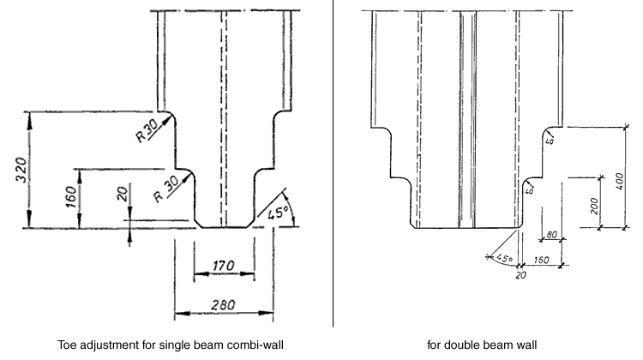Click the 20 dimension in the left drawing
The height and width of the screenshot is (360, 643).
121,196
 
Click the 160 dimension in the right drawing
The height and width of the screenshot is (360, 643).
542,259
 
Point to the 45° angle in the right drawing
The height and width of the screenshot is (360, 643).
502,257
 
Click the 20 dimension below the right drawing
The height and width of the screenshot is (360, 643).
520,274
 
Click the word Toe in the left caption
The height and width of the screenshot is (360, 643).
68,345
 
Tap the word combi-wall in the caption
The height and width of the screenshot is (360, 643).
255,345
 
